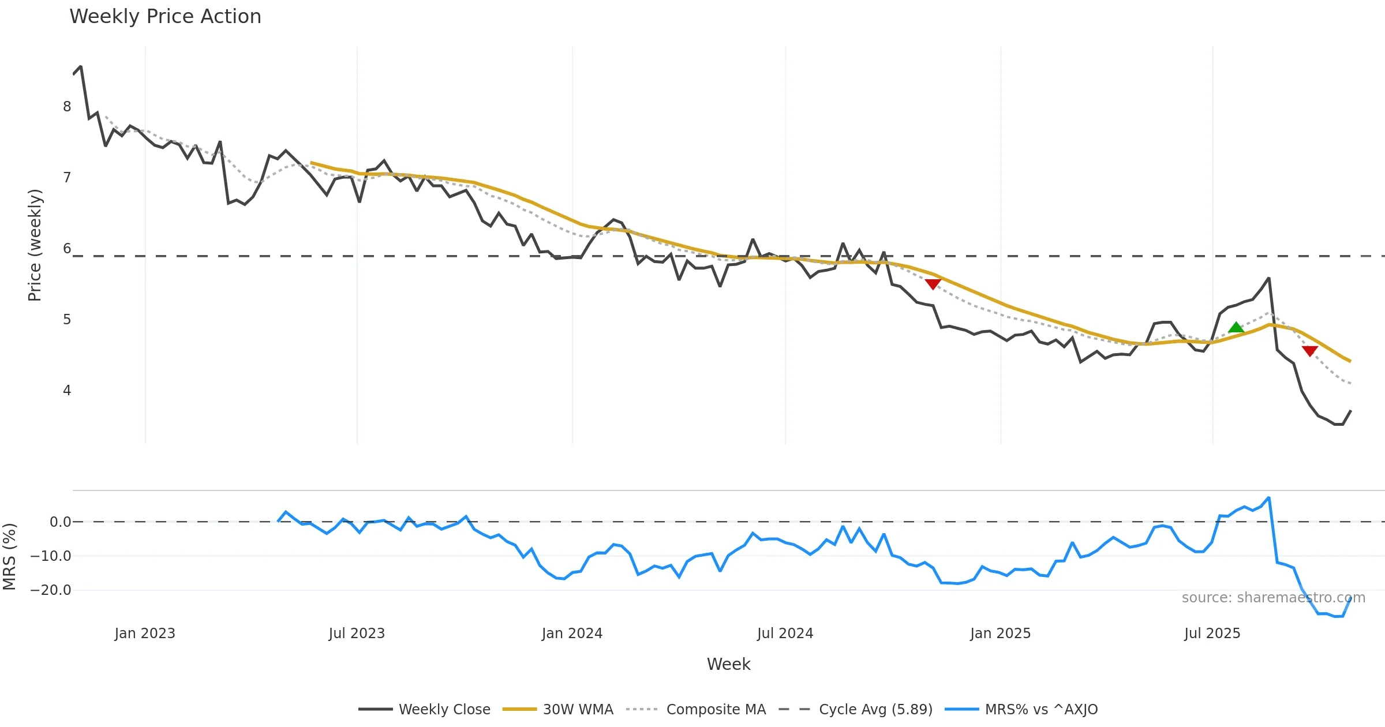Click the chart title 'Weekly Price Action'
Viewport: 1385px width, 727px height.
[x=165, y=17]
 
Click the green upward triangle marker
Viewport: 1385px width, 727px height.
[x=1236, y=328]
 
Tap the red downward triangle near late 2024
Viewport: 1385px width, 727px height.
[x=933, y=284]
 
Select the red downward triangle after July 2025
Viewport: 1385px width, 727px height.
[x=1309, y=351]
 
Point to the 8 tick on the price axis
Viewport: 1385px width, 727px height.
[x=67, y=107]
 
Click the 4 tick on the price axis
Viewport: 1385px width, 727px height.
[x=67, y=391]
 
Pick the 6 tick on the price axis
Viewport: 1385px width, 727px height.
[x=67, y=249]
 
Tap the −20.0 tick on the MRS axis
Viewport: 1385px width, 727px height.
[x=51, y=590]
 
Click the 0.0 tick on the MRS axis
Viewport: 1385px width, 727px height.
[x=60, y=522]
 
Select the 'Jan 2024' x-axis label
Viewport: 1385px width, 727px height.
[x=572, y=634]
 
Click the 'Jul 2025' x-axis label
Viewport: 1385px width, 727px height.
[x=1212, y=634]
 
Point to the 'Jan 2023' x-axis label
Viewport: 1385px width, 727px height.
[x=145, y=634]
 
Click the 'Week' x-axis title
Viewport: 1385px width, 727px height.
[x=728, y=665]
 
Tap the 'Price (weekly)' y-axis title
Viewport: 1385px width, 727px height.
[x=35, y=245]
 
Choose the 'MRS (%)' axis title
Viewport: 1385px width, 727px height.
[x=9, y=557]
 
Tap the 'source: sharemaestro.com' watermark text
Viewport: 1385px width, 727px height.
[x=1273, y=598]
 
